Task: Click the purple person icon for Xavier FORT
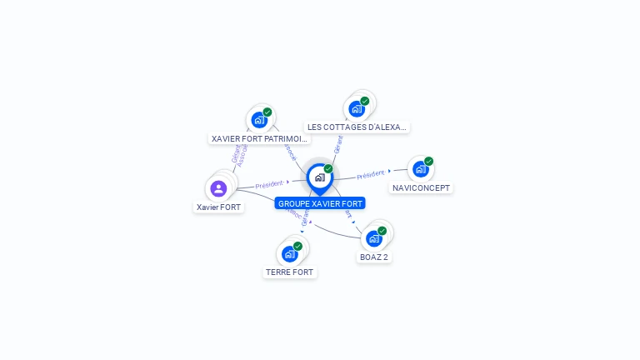click(x=218, y=188)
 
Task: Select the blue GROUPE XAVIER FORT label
click(x=320, y=203)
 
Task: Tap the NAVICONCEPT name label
click(x=421, y=188)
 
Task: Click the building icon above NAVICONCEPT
click(x=420, y=169)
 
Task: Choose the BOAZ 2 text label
click(x=373, y=257)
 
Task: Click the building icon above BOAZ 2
click(x=373, y=238)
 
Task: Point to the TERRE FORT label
click(x=290, y=272)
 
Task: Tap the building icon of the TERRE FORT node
click(x=289, y=253)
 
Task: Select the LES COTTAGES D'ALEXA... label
click(x=357, y=127)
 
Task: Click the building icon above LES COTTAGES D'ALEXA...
click(x=356, y=109)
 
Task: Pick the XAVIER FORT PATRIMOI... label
click(x=259, y=138)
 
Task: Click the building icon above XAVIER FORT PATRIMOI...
click(x=258, y=120)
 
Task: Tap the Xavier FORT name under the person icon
click(x=219, y=207)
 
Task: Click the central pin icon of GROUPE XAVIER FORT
click(x=319, y=177)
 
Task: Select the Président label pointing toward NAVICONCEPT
click(x=370, y=174)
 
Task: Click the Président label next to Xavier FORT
click(x=270, y=183)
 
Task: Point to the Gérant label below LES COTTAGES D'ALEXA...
click(x=337, y=144)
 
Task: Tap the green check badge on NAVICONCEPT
click(x=428, y=162)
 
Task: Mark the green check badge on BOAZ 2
click(x=382, y=231)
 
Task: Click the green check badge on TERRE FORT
click(x=297, y=246)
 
